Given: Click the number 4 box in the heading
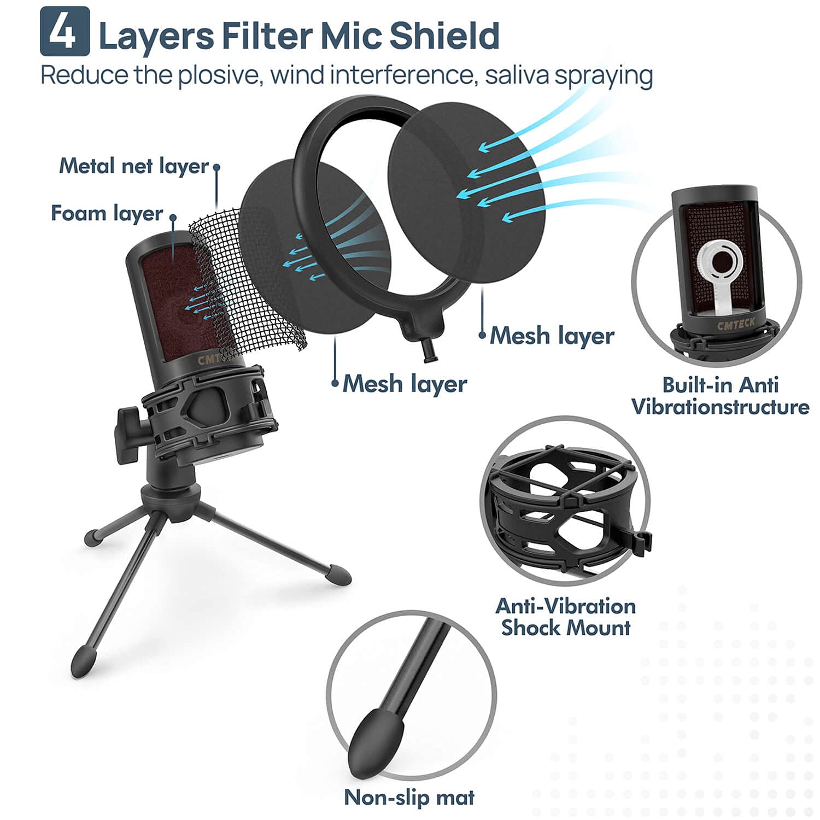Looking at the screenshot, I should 65,31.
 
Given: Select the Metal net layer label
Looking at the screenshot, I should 134,165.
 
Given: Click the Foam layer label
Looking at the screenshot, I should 107,213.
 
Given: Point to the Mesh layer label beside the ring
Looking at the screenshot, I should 552,335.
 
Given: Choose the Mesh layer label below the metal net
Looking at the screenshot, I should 405,383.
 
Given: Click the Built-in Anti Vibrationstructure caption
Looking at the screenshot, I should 720,396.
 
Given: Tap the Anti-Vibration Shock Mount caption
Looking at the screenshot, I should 566,617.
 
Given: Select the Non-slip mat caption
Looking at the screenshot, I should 409,798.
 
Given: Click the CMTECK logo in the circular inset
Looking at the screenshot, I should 735,325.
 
